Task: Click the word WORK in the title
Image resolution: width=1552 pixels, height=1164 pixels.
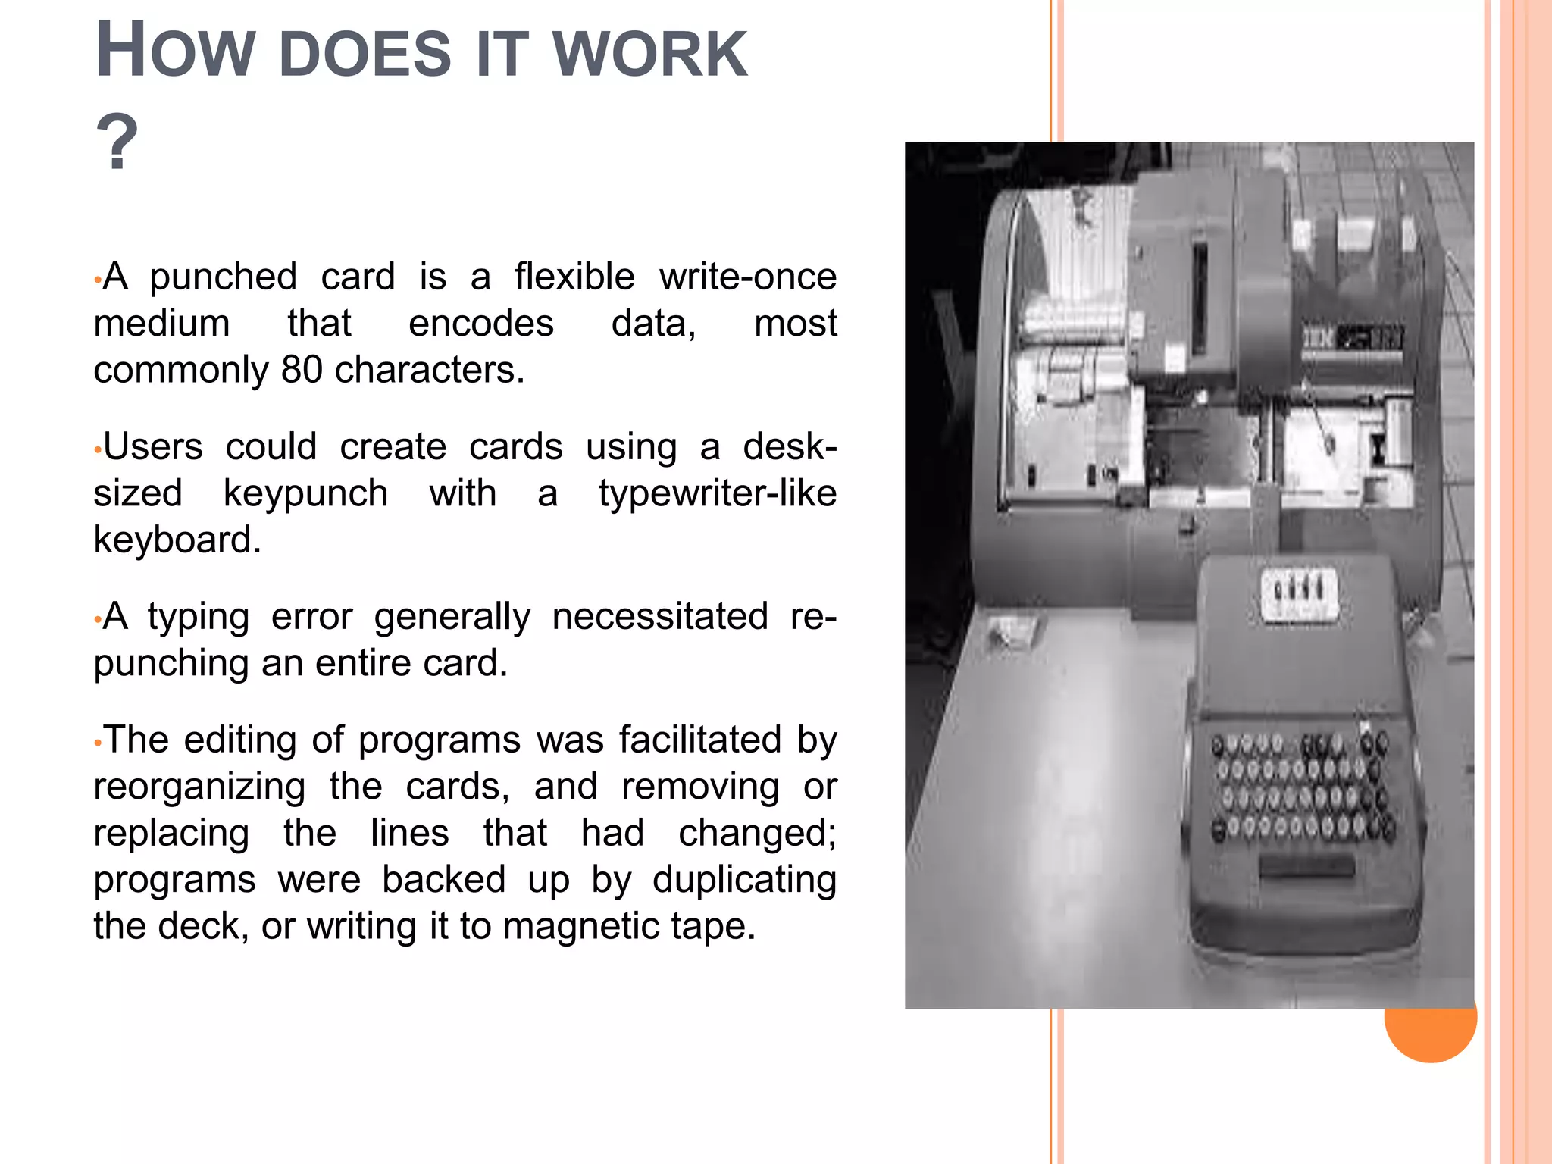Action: (x=650, y=55)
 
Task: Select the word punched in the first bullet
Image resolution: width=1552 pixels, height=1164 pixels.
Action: (x=223, y=277)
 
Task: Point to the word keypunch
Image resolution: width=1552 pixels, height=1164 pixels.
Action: (x=305, y=494)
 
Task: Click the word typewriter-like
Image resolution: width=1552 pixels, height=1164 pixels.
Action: (x=717, y=494)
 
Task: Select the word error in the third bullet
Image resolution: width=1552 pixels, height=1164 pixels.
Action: (x=311, y=617)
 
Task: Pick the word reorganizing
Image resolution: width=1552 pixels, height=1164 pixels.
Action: (x=199, y=787)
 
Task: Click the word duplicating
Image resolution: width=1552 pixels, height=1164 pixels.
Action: (x=744, y=881)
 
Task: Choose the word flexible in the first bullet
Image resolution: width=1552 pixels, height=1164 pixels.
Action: (x=574, y=277)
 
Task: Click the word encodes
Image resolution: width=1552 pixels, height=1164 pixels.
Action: (x=481, y=324)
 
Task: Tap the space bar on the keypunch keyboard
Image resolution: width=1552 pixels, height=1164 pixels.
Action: (x=1306, y=866)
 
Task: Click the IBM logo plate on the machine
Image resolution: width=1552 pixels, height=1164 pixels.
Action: (x=1353, y=337)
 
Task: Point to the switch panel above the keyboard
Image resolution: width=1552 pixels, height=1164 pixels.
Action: (x=1299, y=595)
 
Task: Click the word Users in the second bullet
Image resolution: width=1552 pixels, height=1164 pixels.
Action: (x=153, y=447)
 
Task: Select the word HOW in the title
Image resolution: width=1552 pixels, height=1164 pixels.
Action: (x=174, y=52)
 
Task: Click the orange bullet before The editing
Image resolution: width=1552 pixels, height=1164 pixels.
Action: (x=97, y=743)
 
